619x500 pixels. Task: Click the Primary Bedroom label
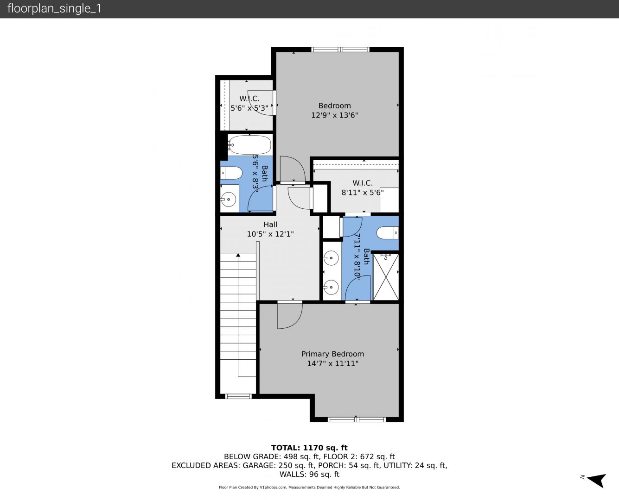click(332, 354)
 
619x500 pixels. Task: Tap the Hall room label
click(270, 225)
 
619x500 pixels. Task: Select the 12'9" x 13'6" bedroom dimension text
click(334, 115)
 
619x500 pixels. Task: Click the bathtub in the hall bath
click(249, 144)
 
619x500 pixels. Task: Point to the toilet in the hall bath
click(231, 173)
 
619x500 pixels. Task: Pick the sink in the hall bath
click(229, 199)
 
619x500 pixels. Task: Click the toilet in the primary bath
click(387, 233)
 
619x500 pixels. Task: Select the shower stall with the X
click(386, 277)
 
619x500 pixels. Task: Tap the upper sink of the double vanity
click(331, 258)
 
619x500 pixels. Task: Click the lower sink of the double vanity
click(331, 287)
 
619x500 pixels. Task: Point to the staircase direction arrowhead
click(238, 255)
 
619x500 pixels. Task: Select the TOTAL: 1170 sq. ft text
click(309, 448)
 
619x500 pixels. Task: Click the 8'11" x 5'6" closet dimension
click(363, 193)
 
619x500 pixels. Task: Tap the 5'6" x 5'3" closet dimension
click(249, 108)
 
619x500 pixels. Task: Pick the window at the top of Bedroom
click(340, 50)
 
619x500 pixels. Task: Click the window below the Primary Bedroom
click(357, 419)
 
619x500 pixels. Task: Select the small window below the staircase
click(238, 396)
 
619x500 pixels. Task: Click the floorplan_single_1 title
click(54, 8)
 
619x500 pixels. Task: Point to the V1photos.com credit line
click(309, 487)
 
